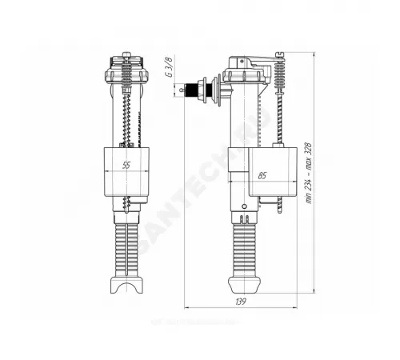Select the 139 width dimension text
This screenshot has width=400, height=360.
click(x=242, y=302)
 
